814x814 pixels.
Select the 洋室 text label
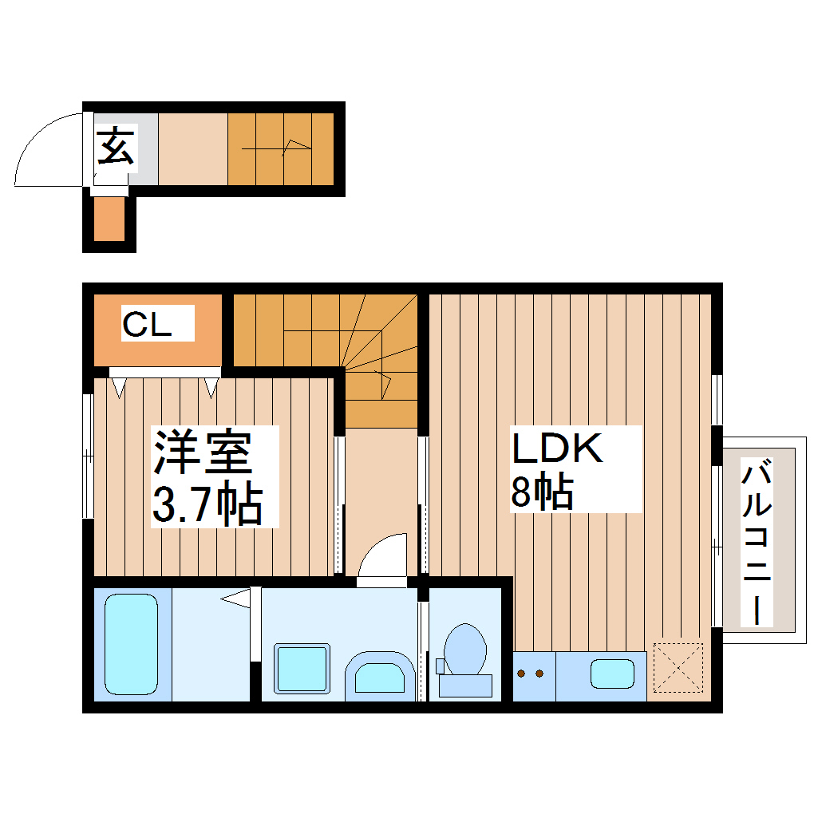203,453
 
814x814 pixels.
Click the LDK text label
555,450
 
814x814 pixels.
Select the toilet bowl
464,647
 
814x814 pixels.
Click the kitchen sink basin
612,674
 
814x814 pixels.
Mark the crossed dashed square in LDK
677,668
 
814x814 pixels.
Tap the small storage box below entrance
109,218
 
